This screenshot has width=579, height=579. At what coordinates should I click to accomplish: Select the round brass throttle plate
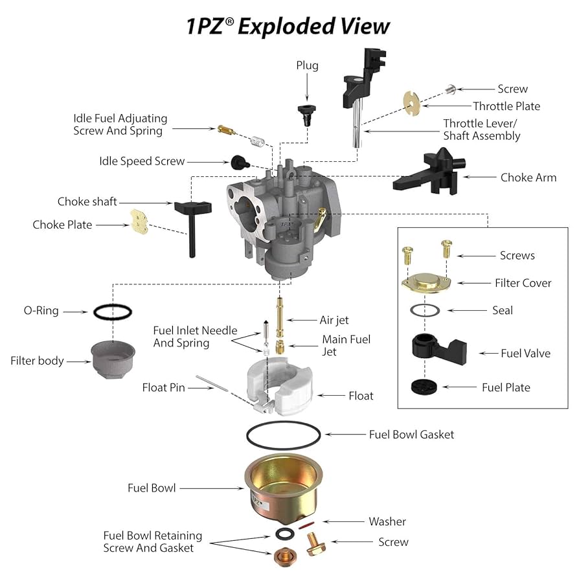[411, 100]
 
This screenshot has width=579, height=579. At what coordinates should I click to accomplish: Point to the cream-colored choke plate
[139, 221]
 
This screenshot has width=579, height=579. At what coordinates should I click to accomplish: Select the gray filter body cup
[113, 359]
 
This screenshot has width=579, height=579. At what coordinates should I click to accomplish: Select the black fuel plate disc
[424, 387]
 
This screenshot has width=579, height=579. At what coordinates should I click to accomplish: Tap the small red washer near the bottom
[310, 525]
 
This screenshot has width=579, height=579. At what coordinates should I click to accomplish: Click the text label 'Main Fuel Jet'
[346, 345]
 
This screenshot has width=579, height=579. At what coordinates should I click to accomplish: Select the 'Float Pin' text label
[163, 388]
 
